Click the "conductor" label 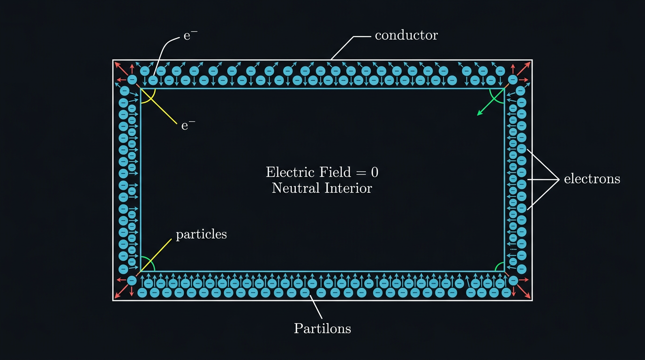click(x=406, y=35)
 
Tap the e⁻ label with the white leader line click(x=190, y=35)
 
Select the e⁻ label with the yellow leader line click(x=188, y=125)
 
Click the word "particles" click(x=201, y=234)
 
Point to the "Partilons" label click(x=322, y=328)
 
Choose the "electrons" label click(x=592, y=179)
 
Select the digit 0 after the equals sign click(x=374, y=172)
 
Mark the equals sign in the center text click(x=360, y=172)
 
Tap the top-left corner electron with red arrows click(x=132, y=80)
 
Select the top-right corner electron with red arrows click(x=512, y=80)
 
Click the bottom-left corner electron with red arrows click(x=132, y=280)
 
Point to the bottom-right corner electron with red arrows click(x=513, y=280)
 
